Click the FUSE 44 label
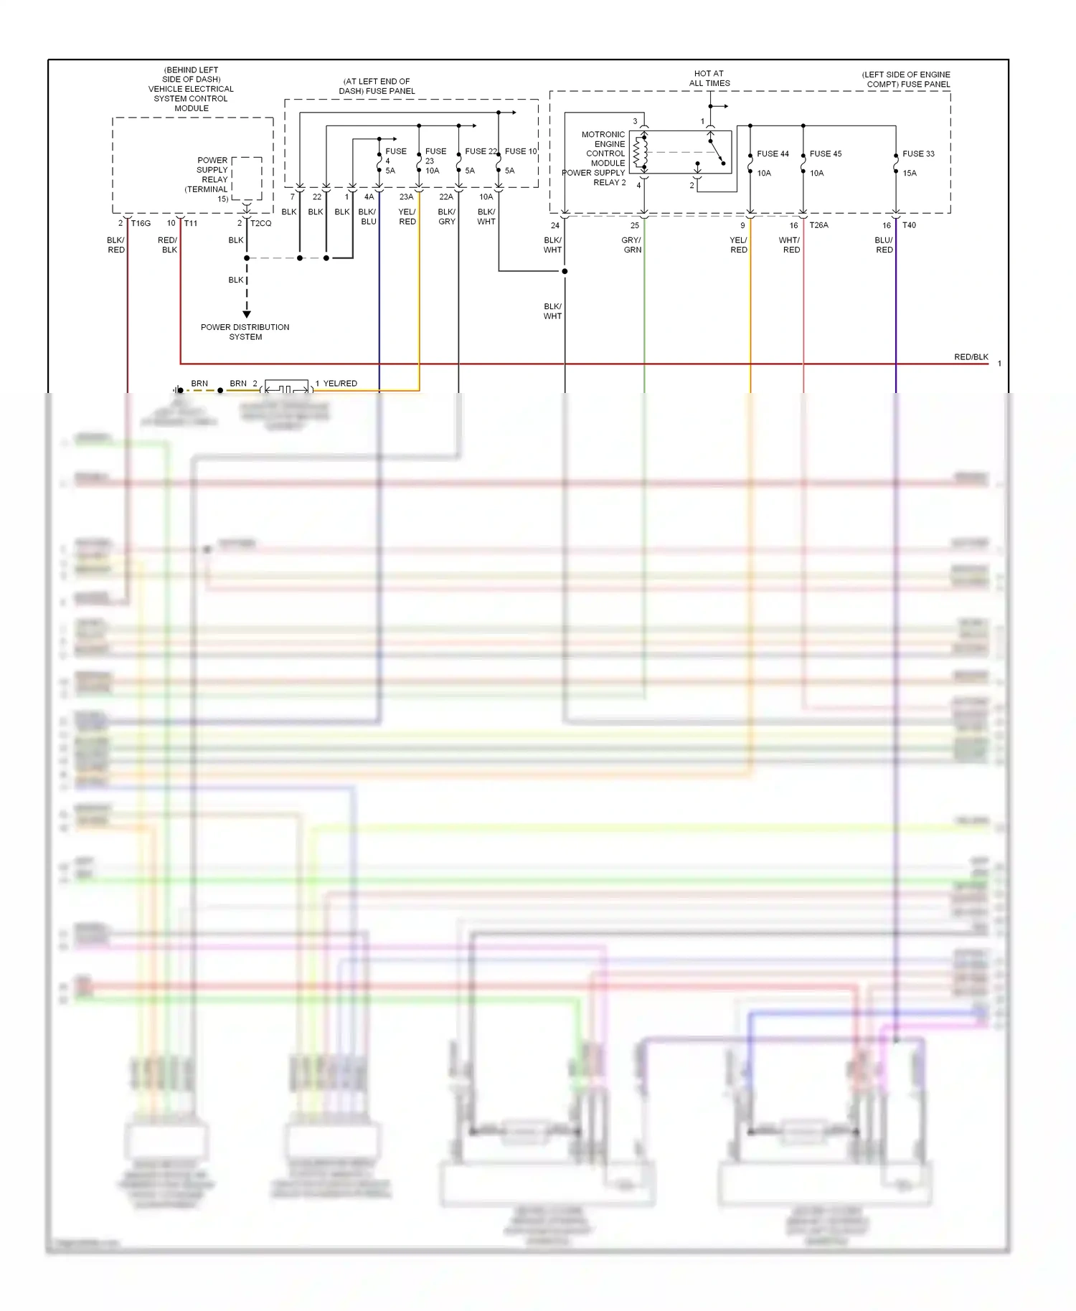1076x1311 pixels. pyautogui.click(x=773, y=154)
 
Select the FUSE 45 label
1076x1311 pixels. pyautogui.click(x=826, y=154)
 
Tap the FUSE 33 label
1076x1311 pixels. pyautogui.click(x=918, y=154)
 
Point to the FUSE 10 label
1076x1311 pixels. pyautogui.click(x=521, y=151)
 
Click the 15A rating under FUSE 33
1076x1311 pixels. pyautogui.click(x=910, y=174)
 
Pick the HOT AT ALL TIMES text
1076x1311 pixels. pyautogui.click(x=709, y=78)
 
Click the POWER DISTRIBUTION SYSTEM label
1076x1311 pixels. pyautogui.click(x=245, y=332)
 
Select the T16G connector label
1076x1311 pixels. pyautogui.click(x=141, y=224)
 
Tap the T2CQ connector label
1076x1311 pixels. pyautogui.click(x=261, y=224)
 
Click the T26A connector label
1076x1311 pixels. pyautogui.click(x=818, y=225)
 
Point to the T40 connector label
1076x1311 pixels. pyautogui.click(x=909, y=225)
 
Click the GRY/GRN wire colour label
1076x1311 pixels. pyautogui.click(x=632, y=245)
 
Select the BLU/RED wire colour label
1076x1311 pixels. pyautogui.click(x=884, y=245)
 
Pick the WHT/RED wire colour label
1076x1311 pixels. pyautogui.click(x=790, y=245)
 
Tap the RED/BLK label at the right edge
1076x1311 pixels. pyautogui.click(x=971, y=357)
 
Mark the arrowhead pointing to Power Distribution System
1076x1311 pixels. pyautogui.click(x=247, y=314)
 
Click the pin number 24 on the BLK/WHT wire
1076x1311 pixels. pyautogui.click(x=555, y=225)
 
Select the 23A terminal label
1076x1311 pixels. pyautogui.click(x=406, y=197)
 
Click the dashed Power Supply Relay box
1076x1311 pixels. pyautogui.click(x=247, y=179)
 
